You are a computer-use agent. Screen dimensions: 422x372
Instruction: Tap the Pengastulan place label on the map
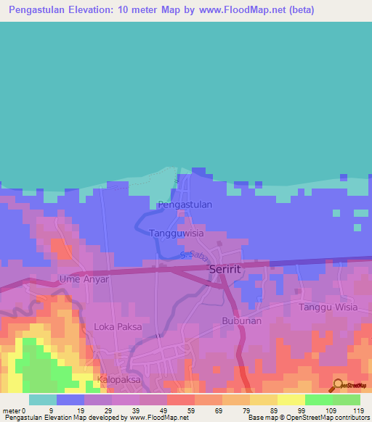pos(185,204)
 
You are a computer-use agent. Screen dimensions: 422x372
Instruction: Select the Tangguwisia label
pos(177,233)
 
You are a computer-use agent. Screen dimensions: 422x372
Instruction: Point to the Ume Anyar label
pos(84,279)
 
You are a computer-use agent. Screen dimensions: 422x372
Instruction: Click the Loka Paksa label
pos(118,327)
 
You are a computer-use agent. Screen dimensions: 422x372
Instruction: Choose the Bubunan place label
pos(241,320)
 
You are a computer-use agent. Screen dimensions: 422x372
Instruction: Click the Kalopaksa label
pos(121,379)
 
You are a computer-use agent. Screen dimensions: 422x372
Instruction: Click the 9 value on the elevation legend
pos(50,410)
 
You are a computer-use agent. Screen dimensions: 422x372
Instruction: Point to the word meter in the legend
pos(11,410)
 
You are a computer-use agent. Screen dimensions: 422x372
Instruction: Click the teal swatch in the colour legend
pos(43,400)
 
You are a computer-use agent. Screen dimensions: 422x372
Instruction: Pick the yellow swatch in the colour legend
pos(291,400)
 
